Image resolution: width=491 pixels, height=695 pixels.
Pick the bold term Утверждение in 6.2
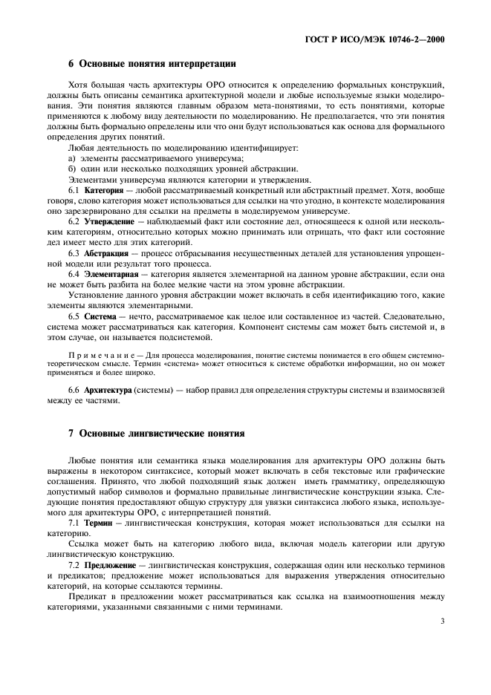(x=109, y=222)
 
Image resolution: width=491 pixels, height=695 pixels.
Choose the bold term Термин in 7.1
(x=98, y=523)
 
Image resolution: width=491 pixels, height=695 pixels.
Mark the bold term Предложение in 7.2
(x=111, y=564)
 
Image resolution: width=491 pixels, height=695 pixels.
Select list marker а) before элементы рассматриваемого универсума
(x=72, y=160)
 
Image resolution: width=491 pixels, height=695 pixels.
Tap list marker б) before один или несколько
(x=72, y=170)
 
